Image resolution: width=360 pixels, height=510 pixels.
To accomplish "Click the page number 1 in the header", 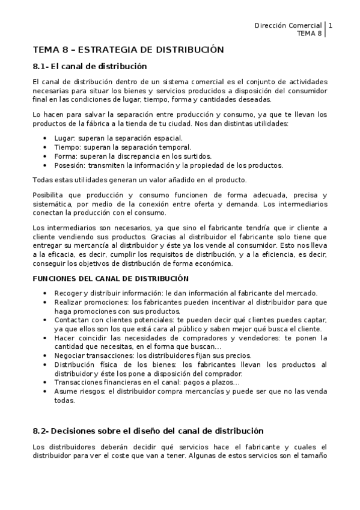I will tap(330, 26).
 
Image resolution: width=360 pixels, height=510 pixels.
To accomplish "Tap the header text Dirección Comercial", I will tap(288, 26).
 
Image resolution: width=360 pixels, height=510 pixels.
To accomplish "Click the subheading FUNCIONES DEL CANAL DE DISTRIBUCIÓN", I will tap(110, 278).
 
